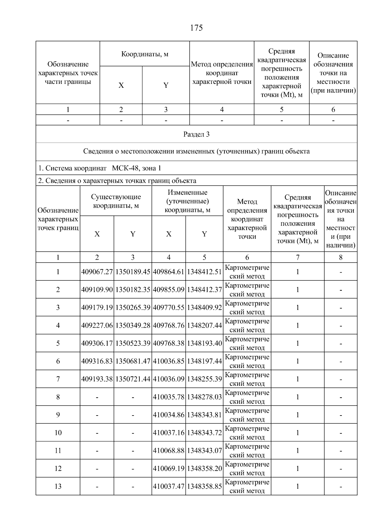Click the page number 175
coord(196,28)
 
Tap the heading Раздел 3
coord(196,135)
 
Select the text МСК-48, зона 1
coord(137,168)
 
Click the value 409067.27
coord(97,272)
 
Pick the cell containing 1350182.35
coord(133,290)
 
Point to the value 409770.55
coord(169,308)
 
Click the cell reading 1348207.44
coord(204,325)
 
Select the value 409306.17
coord(97,343)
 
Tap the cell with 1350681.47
coord(133,361)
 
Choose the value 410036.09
coord(169,379)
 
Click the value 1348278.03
coord(204,397)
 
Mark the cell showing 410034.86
coord(169,415)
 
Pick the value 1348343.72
coord(204,433)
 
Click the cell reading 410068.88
coord(169,451)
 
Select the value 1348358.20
coord(204,468)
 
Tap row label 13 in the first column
coord(58,486)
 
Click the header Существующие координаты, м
coord(116,201)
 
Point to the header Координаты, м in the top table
coord(145,54)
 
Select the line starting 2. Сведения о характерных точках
coord(117,181)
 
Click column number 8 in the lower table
coord(341,257)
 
